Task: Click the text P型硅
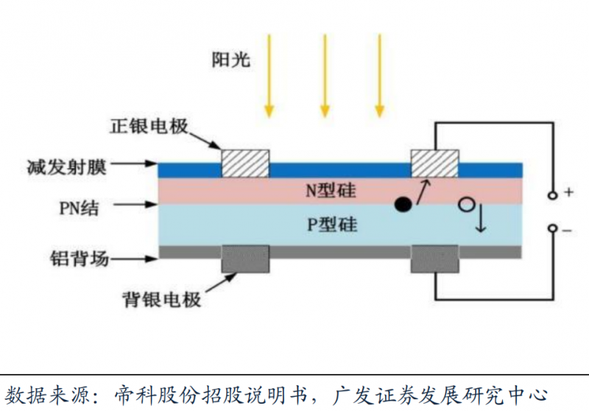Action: coord(332,225)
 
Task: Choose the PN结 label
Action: coord(80,208)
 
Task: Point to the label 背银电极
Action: coord(161,300)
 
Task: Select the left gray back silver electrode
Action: coord(246,259)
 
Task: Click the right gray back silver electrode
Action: coord(434,259)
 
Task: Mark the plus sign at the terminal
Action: coord(569,193)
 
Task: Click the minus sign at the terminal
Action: coord(569,231)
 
